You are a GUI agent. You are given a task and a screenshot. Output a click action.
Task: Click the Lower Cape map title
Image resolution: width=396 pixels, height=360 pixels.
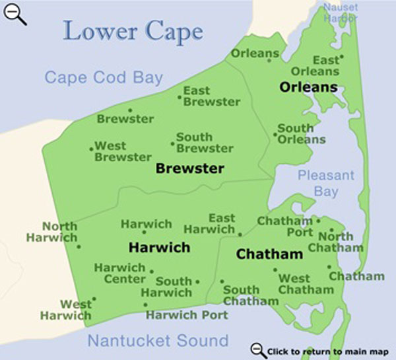point(133,30)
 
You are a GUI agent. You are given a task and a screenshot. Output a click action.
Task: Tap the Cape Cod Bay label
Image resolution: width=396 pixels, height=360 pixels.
point(104,78)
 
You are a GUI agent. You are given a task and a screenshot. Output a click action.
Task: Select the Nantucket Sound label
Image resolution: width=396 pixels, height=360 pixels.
point(158,341)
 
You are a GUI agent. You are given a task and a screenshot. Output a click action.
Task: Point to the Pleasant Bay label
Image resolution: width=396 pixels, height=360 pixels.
point(326,184)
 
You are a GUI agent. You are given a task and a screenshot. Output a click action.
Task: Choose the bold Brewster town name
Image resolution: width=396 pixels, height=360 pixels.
point(189,168)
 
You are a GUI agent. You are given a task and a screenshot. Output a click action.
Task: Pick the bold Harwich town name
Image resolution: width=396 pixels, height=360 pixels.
point(159,248)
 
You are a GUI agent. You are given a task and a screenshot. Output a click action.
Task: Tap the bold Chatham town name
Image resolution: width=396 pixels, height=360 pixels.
point(269,254)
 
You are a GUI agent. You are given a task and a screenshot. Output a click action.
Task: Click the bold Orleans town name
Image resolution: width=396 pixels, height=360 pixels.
point(308,87)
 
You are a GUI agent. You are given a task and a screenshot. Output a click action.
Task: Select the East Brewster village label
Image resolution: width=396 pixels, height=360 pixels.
point(211,96)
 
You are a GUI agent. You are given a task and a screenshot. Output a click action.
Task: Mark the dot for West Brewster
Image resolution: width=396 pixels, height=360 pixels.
point(92,149)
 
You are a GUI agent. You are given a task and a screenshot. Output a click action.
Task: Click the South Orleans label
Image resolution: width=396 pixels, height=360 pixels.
point(301,134)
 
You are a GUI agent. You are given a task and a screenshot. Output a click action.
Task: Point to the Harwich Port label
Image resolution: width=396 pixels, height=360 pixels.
point(187,315)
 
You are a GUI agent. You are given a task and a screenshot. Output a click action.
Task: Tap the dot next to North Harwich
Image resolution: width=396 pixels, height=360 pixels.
point(79,247)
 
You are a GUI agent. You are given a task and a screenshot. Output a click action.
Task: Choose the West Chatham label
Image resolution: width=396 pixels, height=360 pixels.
point(306,284)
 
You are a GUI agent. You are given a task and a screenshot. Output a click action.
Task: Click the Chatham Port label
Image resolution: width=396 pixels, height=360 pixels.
point(284,227)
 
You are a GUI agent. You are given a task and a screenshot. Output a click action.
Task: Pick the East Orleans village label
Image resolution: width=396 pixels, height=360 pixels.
point(325,65)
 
